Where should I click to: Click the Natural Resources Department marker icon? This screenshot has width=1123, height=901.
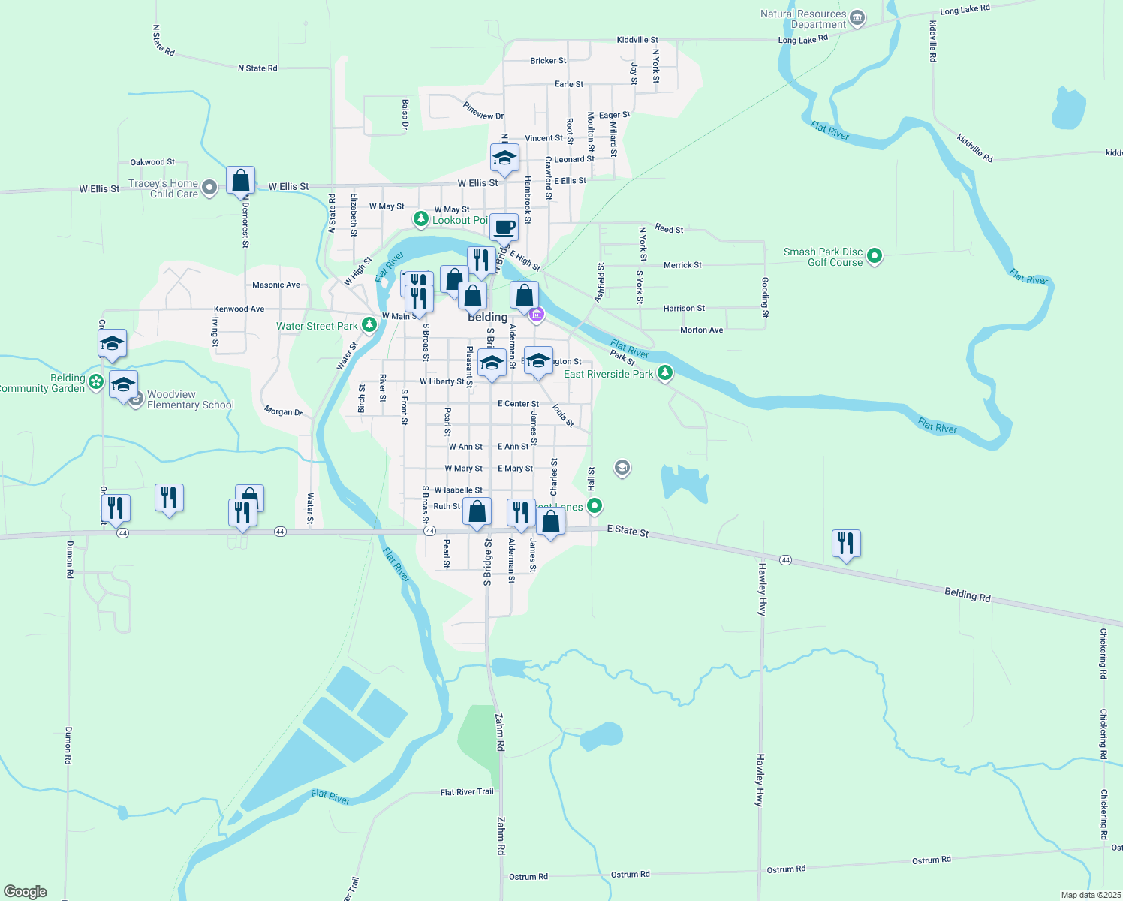tap(857, 18)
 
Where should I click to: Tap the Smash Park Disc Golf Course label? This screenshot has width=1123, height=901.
tap(823, 257)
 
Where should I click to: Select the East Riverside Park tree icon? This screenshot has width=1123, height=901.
tap(664, 373)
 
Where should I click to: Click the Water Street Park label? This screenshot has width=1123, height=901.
tap(317, 326)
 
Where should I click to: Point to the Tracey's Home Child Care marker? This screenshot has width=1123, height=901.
tap(209, 188)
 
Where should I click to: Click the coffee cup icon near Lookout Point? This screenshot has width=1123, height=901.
tap(504, 227)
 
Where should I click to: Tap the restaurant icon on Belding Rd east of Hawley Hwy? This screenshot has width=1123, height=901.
tap(846, 543)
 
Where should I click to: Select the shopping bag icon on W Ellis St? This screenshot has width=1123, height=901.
tap(240, 181)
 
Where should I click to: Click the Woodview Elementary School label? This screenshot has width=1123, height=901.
tap(190, 399)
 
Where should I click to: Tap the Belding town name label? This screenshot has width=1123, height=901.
tap(488, 317)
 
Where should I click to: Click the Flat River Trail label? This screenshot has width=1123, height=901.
tap(467, 792)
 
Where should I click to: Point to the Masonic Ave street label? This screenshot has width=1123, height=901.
tap(276, 285)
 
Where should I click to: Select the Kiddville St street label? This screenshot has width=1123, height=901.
tap(637, 40)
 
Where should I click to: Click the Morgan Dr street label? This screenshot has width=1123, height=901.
tap(283, 411)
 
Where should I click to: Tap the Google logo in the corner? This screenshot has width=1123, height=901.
tap(26, 892)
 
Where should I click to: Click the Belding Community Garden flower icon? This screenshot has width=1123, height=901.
tap(96, 382)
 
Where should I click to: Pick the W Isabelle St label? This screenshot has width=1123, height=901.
tap(459, 490)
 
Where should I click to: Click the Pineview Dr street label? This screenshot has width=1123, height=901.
tap(483, 111)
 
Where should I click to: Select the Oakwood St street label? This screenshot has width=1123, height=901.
tap(152, 162)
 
